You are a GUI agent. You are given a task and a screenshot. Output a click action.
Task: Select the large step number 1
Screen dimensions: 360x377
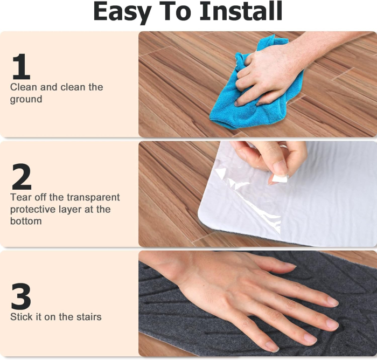coord(20,67)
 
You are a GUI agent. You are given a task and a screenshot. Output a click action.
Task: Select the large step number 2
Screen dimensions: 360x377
coord(21,177)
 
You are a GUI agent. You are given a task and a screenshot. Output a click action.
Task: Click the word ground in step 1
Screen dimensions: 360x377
coord(26,100)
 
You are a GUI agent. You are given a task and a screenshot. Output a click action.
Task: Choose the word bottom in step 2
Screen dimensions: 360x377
coord(26,221)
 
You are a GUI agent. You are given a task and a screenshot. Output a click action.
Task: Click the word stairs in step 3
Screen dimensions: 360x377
coord(87,317)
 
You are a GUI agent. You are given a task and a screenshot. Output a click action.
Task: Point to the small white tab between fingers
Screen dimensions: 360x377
coord(280,177)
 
